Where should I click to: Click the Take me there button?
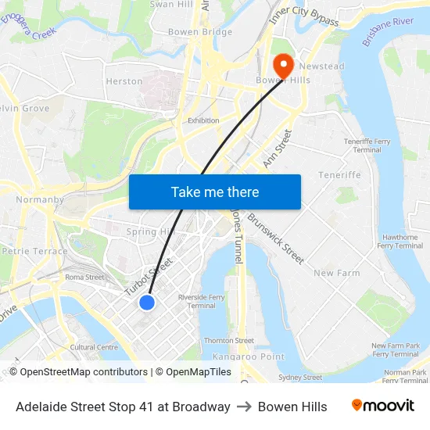pos(214,192)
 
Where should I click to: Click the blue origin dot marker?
pos(147,303)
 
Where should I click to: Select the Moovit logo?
pos(383,406)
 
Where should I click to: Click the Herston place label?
pos(124,81)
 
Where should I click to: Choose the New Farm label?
pos(336,273)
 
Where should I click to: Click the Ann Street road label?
pos(278,149)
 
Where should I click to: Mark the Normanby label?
pos(40,199)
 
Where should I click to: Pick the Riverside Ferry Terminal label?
pos(202,301)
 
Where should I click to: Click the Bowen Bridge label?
pos(200,32)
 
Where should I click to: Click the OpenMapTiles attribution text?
pos(199,372)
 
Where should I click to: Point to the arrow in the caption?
pos(244,407)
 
